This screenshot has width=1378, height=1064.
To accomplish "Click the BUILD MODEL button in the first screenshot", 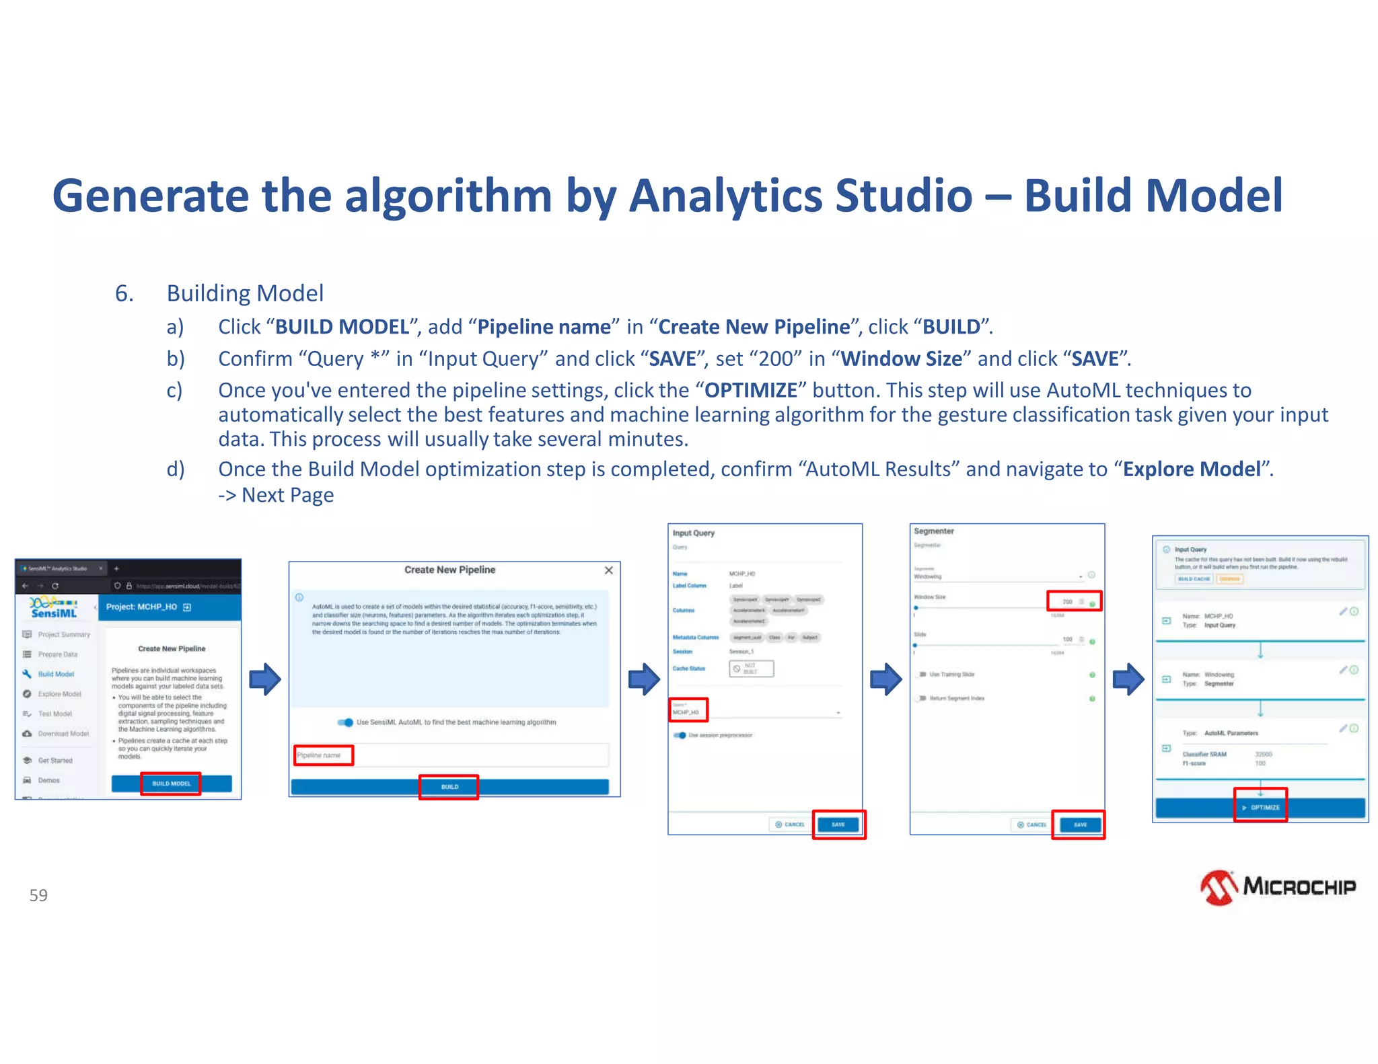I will pos(171,784).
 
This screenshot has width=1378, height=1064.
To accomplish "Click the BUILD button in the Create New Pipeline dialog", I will pos(449,787).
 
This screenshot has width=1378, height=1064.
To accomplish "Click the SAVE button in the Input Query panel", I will pos(838,825).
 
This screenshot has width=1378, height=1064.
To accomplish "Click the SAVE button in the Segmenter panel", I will pos(1080,825).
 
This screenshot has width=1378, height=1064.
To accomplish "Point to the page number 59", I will pos(38,895).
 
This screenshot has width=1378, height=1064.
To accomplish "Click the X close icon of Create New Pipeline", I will pos(608,570).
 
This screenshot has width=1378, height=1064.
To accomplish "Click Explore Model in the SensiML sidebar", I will pos(59,694).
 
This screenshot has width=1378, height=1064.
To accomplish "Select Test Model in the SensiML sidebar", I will pos(55,714).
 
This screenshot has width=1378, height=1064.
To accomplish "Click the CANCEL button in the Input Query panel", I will pos(790,825).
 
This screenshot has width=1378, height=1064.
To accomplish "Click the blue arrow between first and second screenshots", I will pos(264,679).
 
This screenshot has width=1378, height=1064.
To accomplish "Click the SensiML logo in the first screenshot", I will pos(54,607).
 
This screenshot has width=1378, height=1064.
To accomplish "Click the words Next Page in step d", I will pos(287,495).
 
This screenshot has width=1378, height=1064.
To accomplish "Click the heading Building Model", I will pos(245,293).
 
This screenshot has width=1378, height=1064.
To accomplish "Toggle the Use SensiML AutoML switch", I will pos(346,722).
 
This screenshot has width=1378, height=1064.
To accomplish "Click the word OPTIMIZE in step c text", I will pos(750,390).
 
